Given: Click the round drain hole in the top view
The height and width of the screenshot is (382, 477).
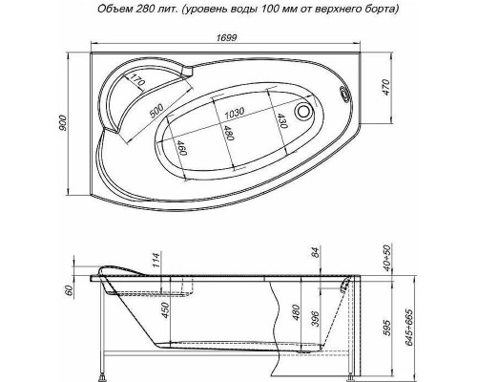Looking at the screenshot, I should click(306, 111).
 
